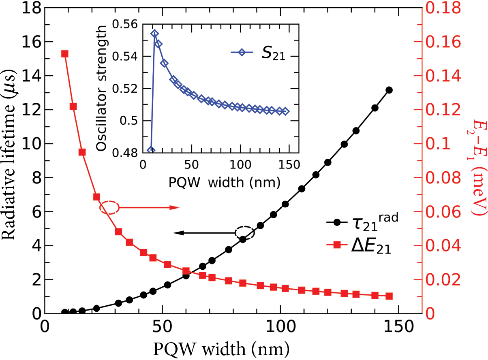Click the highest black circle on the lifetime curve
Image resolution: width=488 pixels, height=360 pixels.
pyautogui.click(x=389, y=90)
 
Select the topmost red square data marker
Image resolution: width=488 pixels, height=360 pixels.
pyautogui.click(x=64, y=54)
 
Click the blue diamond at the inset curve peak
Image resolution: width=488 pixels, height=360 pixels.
pyautogui.click(x=154, y=34)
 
